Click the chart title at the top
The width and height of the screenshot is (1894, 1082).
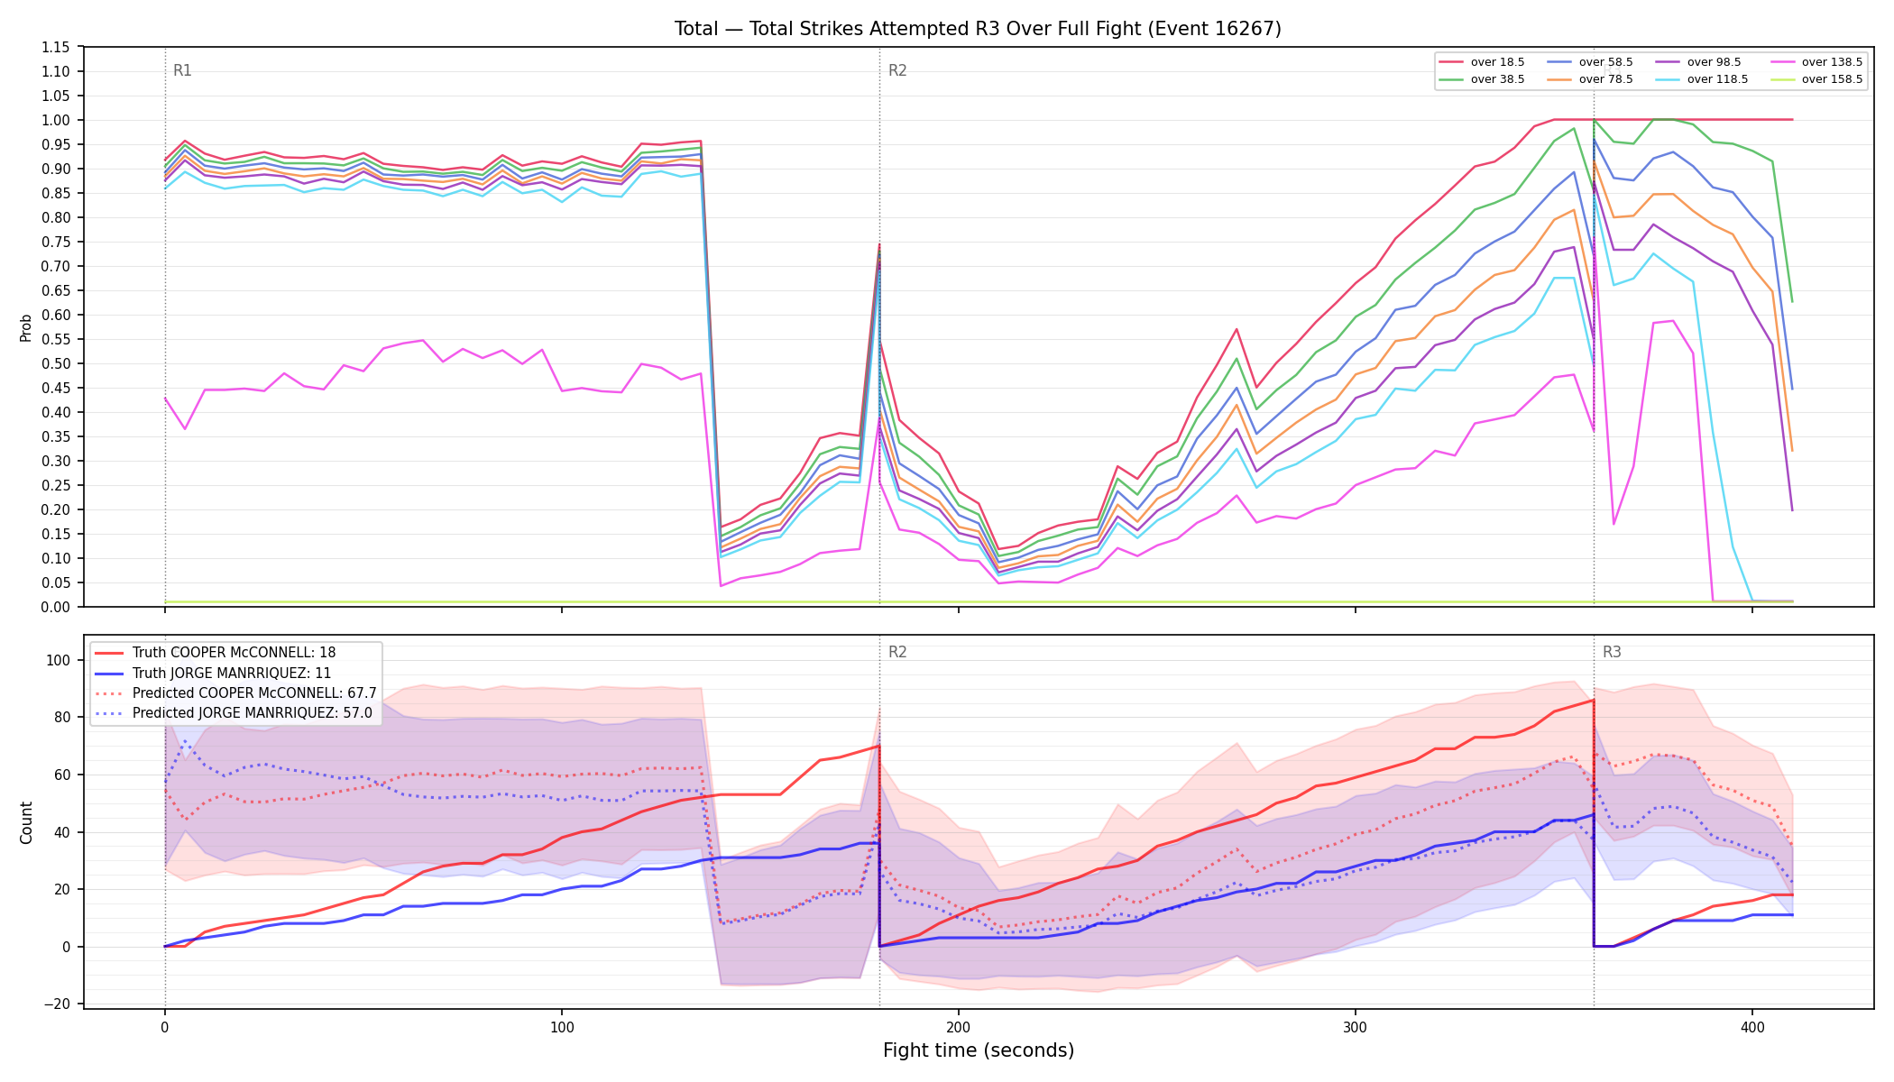tap(978, 29)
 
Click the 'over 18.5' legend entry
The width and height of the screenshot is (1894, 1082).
tap(1482, 62)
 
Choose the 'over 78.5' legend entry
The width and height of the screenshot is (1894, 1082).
tap(1590, 79)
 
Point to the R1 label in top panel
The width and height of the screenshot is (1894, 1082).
tap(182, 70)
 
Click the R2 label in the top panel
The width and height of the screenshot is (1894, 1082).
tap(897, 70)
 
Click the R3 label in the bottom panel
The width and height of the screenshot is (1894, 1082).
tap(1612, 652)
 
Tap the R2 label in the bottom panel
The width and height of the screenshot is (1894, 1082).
tap(897, 652)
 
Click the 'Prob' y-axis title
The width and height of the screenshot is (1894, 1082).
tap(26, 327)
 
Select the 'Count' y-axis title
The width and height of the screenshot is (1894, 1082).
tap(26, 822)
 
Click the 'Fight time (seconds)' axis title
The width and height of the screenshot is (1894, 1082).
tap(979, 1050)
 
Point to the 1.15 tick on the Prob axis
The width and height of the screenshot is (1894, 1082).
tap(57, 47)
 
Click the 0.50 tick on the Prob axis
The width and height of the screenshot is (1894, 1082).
tap(57, 363)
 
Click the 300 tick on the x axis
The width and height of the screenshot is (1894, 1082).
tap(1356, 1027)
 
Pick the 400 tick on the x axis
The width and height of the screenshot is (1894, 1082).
tap(1752, 1027)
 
